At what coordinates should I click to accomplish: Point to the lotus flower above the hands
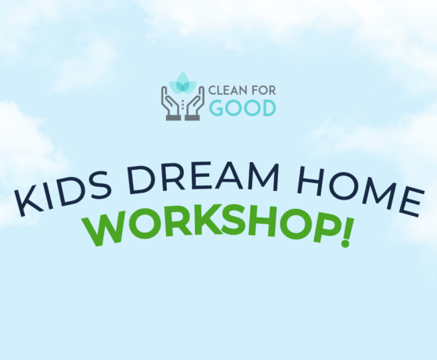(x=182, y=81)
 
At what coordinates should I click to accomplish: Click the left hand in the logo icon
(x=170, y=103)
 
